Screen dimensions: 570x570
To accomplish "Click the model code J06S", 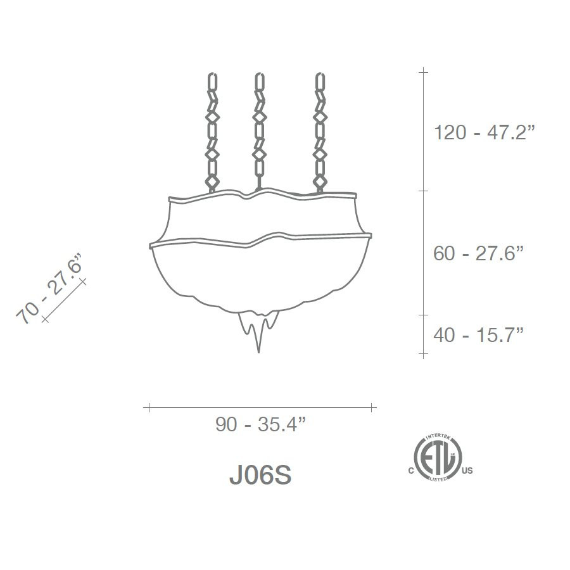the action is tap(260, 475).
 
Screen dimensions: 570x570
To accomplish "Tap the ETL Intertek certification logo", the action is tap(438, 457).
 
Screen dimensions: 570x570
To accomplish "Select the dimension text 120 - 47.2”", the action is tap(484, 132).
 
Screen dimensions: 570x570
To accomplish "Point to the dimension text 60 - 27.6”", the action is tap(478, 253).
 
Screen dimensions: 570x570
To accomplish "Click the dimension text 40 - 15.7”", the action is tap(478, 334).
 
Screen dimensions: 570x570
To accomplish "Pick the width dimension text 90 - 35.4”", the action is tap(261, 424).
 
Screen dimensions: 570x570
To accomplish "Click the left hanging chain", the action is tap(212, 133).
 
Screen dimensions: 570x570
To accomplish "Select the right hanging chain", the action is tap(320, 133).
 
